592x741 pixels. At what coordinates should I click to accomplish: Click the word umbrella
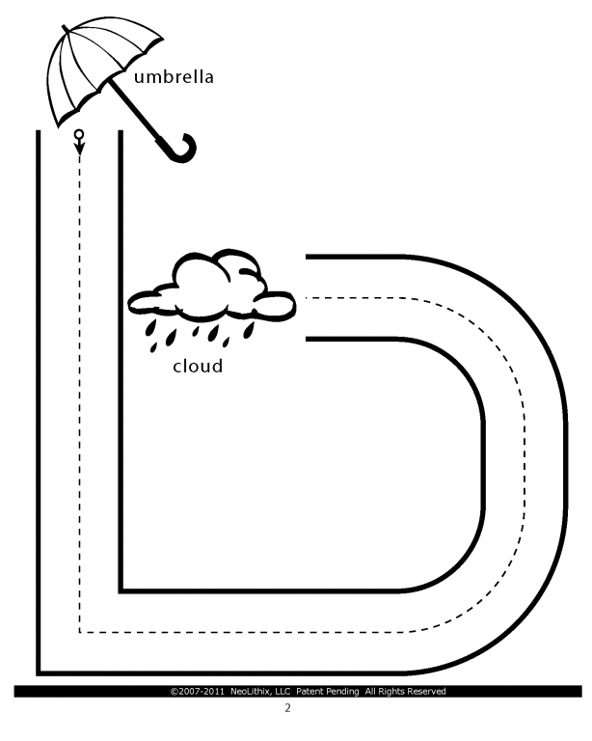pos(174,76)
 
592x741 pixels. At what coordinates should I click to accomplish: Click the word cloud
pos(198,366)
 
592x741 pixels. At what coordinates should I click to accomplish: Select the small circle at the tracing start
pos(79,134)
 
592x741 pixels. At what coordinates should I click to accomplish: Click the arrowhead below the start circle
pos(79,149)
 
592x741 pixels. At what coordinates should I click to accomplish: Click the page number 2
pos(287,708)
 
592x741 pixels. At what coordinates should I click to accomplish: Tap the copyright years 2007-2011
pos(202,692)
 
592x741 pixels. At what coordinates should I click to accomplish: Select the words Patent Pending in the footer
pos(328,692)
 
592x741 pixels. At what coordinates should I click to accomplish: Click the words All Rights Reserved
pos(406,692)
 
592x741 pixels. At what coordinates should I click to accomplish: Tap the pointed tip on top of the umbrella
pos(65,26)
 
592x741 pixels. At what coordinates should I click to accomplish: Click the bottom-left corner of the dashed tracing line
pos(79,632)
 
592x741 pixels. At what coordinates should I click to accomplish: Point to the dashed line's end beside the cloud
pos(307,298)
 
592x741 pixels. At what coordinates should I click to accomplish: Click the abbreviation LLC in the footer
pos(283,692)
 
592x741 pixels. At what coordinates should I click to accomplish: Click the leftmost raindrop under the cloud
pos(150,328)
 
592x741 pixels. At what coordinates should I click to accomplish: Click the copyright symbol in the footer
pos(174,692)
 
